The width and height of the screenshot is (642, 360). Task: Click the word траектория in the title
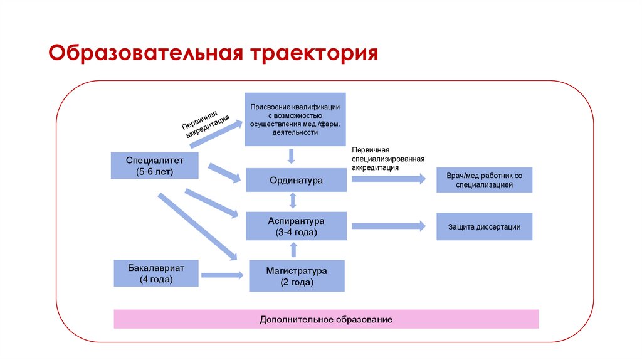point(315,54)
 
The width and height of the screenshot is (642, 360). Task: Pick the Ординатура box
point(296,180)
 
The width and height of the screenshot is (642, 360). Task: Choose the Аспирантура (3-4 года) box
point(296,226)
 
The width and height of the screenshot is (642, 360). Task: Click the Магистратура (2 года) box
point(297,277)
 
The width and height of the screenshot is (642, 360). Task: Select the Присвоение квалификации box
point(296,119)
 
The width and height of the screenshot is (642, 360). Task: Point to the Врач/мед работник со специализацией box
point(484,180)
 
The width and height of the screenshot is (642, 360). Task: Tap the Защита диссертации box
point(484,227)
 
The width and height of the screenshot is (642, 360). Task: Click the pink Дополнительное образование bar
point(326,319)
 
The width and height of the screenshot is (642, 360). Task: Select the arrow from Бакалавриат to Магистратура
point(223,275)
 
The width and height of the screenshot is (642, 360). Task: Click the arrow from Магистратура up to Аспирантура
point(293,250)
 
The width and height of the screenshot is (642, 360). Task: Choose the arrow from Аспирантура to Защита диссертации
point(388,226)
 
